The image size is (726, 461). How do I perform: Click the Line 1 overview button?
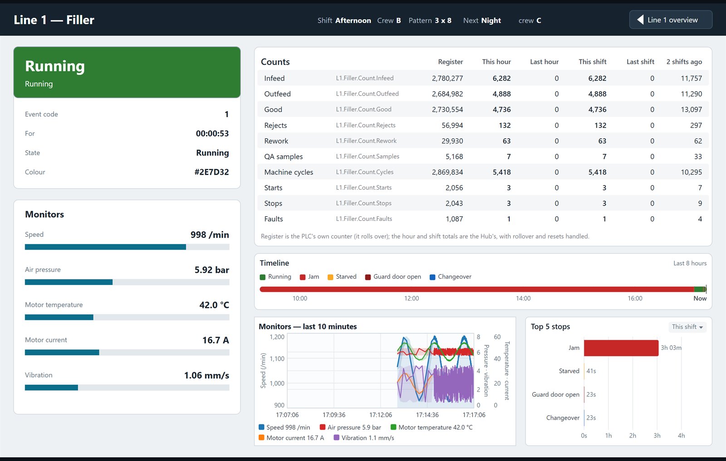[x=671, y=20]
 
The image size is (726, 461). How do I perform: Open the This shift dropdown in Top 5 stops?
[x=687, y=327]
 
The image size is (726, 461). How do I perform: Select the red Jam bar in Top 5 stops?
[x=621, y=348]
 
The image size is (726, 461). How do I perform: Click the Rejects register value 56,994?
[x=452, y=125]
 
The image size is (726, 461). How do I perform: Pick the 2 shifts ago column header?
[x=684, y=62]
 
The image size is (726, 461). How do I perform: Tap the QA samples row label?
[x=283, y=157]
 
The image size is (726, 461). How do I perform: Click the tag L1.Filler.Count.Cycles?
[x=365, y=172]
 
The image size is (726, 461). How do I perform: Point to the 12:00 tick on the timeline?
[x=411, y=298]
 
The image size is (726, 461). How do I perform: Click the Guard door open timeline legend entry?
[x=393, y=276]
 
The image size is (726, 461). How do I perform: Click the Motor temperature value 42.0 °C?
[x=214, y=305]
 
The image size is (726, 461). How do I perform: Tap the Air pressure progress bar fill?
[x=69, y=282]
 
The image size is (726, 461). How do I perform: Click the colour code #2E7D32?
[x=211, y=172]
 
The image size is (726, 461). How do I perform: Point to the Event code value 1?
[x=226, y=114]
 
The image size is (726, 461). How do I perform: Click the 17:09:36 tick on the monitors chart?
[x=334, y=415]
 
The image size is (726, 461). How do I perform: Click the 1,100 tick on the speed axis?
[x=277, y=358]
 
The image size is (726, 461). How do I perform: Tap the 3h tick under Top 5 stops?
[x=657, y=436]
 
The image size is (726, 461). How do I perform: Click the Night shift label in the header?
[x=491, y=20]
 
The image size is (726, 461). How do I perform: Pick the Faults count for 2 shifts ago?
[x=700, y=219]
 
